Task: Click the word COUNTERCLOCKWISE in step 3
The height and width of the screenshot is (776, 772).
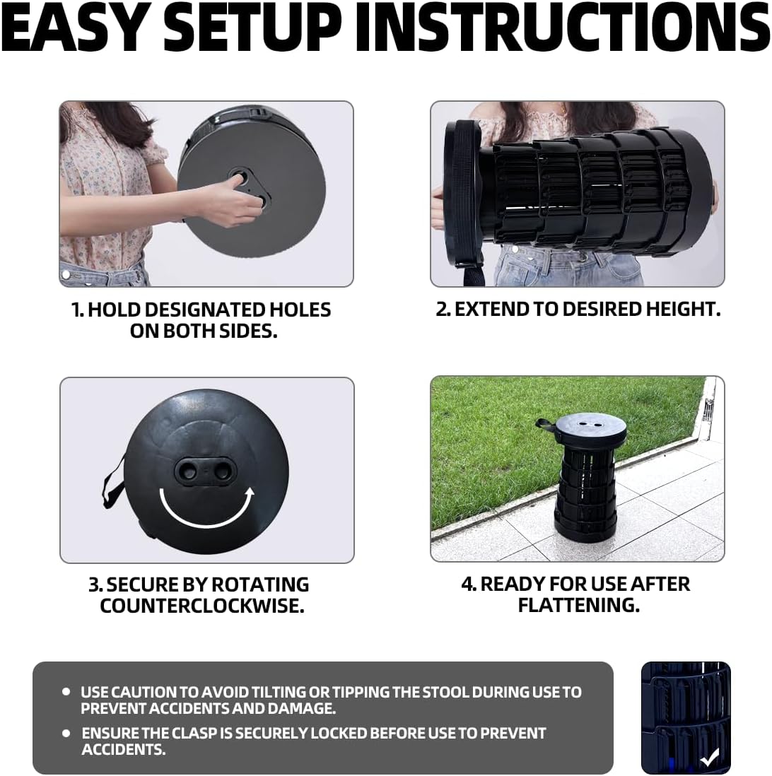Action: [202, 606]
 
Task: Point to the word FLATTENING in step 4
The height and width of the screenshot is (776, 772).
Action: [578, 605]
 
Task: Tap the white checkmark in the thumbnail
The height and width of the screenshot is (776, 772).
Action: [709, 758]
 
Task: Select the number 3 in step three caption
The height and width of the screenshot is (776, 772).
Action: [95, 585]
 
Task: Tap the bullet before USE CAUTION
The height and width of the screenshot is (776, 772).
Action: [66, 692]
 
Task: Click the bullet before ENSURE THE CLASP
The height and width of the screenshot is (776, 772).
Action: [66, 734]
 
